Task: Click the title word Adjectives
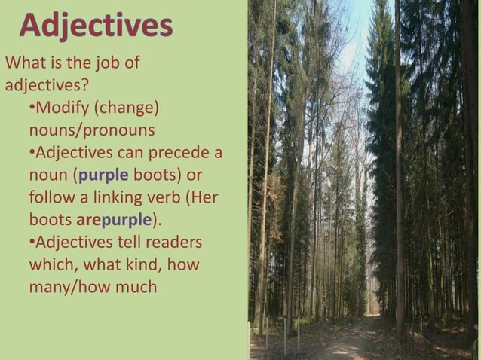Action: point(96,25)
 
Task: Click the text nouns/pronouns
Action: point(91,130)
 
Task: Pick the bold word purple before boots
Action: point(103,175)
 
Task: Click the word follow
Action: point(51,198)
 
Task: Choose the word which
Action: point(51,265)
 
